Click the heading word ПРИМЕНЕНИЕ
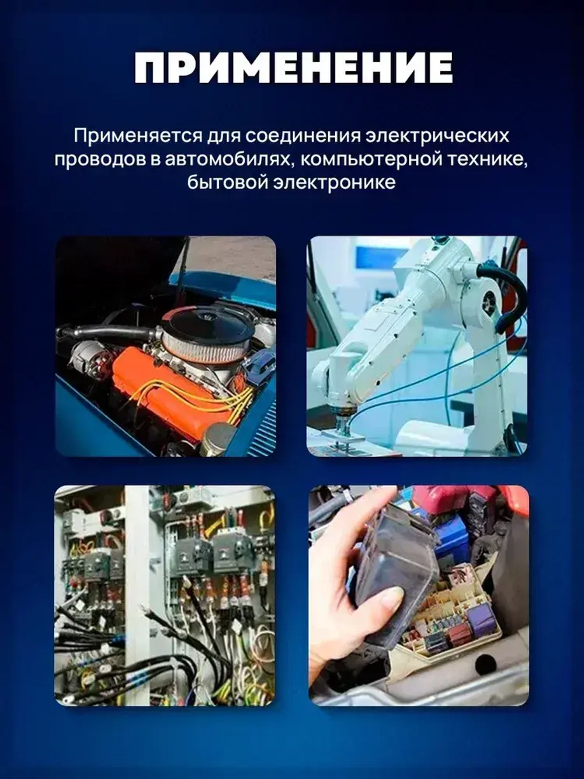[293, 68]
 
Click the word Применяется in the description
[138, 136]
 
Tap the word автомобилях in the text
[227, 159]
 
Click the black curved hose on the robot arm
[508, 292]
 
